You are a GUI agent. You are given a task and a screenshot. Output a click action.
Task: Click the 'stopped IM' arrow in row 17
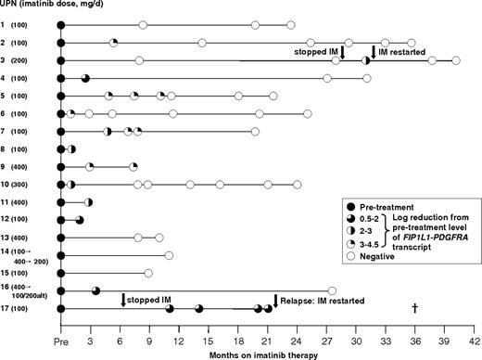(x=123, y=300)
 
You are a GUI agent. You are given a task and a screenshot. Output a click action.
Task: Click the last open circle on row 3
(x=455, y=60)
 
